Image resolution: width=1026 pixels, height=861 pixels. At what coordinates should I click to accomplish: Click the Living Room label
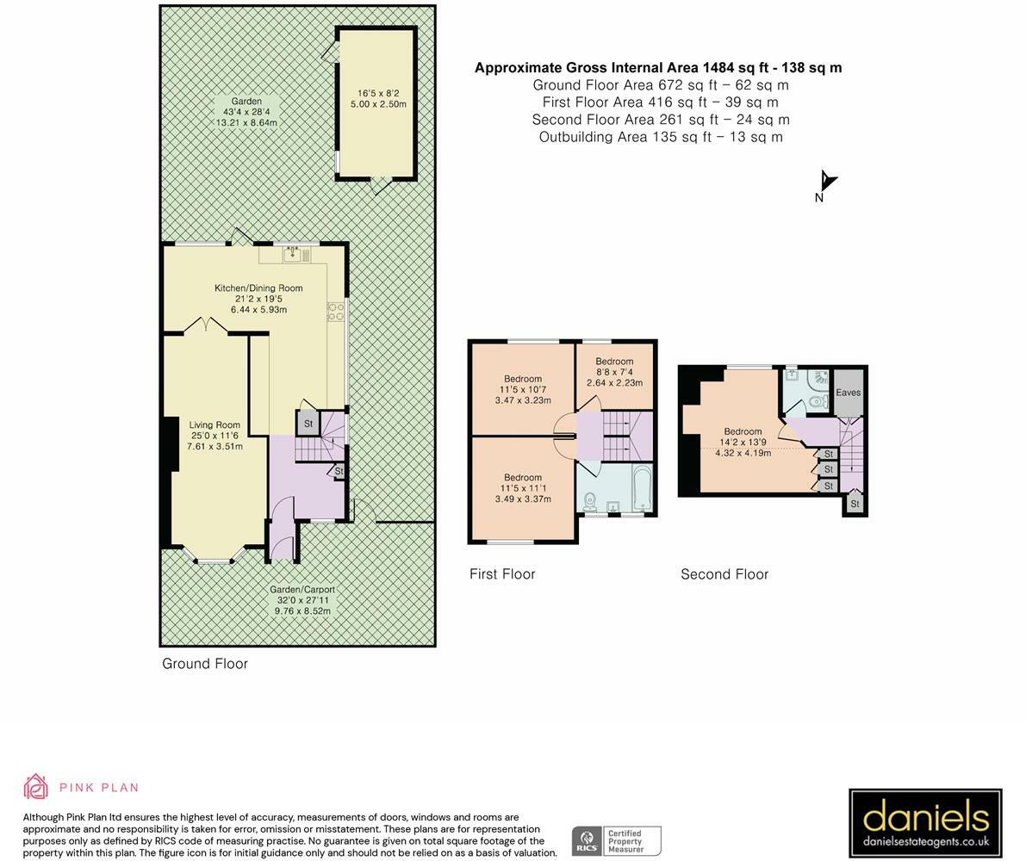(215, 425)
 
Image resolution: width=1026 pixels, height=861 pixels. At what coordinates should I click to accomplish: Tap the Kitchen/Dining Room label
(258, 288)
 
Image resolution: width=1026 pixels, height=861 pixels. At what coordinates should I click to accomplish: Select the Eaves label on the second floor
(848, 393)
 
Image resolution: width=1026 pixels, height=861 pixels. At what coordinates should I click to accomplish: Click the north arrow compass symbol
(827, 183)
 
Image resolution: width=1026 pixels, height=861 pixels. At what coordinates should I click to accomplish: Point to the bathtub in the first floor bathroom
(643, 487)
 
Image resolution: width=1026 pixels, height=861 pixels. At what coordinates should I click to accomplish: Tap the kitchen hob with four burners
(336, 312)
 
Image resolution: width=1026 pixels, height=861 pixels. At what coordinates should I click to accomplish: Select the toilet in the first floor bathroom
(589, 501)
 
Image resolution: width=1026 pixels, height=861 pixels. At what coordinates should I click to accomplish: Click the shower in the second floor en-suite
(819, 379)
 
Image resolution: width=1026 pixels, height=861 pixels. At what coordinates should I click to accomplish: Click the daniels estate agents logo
(925, 823)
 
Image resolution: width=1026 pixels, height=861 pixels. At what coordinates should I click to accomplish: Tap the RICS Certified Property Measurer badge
(617, 840)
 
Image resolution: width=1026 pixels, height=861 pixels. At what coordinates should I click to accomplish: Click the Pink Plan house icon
(36, 786)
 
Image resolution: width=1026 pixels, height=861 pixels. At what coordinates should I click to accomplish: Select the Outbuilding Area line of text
(661, 137)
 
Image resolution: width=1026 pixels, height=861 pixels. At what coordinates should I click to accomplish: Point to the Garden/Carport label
(302, 590)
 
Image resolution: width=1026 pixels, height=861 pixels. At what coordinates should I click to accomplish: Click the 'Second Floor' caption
(724, 574)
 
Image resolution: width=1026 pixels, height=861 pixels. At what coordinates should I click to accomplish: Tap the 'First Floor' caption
(502, 574)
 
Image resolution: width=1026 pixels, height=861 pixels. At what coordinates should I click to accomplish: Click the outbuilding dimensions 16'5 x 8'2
(378, 94)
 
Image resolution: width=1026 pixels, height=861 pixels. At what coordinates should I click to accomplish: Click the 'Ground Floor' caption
(205, 664)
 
